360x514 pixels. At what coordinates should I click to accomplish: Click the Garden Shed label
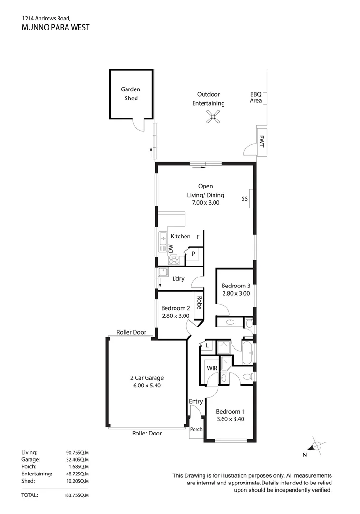tap(130, 94)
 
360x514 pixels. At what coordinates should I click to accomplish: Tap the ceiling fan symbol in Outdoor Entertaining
tap(214, 117)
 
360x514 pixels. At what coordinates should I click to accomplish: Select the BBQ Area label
tap(256, 98)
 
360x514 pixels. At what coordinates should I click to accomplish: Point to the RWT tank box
tap(261, 141)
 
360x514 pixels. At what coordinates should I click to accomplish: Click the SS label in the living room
tap(245, 199)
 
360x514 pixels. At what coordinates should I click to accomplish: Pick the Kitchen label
tap(180, 237)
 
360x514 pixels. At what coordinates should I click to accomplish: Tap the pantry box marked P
tap(194, 254)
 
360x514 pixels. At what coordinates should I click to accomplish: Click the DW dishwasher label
tap(171, 248)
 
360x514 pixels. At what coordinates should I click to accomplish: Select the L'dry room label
tap(178, 279)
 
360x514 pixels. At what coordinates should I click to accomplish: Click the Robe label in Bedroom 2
tap(199, 303)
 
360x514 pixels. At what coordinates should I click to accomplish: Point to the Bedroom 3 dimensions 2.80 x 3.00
tap(236, 294)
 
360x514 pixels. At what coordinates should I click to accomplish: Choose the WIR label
tap(212, 368)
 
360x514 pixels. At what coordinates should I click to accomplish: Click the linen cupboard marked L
tap(207, 346)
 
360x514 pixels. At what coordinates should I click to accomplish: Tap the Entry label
tap(195, 402)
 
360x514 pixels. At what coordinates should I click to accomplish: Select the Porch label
tap(196, 429)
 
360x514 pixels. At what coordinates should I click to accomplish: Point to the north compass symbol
tap(316, 446)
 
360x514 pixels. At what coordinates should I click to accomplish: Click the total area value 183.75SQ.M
tap(77, 495)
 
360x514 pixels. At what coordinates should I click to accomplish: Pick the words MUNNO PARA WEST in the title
tap(56, 28)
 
